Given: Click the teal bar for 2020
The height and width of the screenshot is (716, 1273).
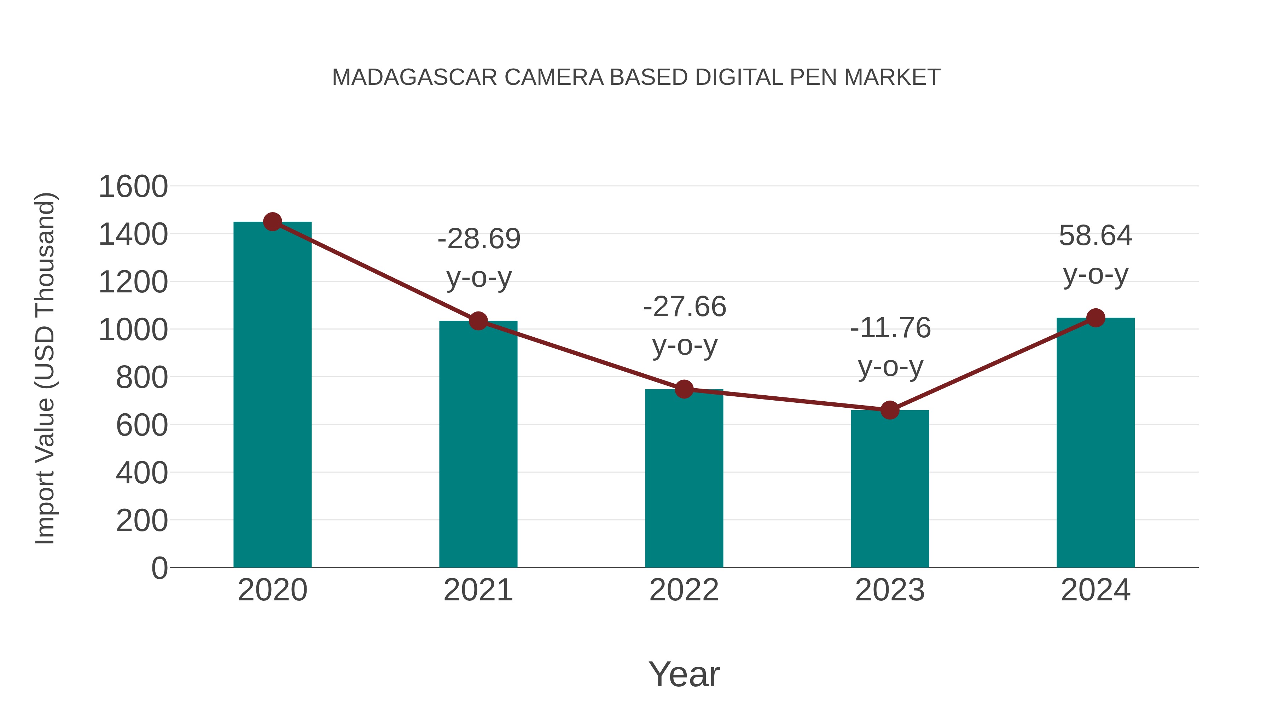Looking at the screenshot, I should tap(272, 395).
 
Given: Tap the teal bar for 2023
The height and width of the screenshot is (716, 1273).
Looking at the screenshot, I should tap(890, 489).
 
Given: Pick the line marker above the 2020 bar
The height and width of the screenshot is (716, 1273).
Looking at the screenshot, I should tap(272, 222).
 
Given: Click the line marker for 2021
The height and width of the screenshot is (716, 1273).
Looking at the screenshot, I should tap(478, 321).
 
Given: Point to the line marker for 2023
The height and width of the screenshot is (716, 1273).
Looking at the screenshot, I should tap(890, 410).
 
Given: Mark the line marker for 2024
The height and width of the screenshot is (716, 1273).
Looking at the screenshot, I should tap(1095, 318).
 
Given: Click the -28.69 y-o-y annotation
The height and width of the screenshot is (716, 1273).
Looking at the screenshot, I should tap(479, 258).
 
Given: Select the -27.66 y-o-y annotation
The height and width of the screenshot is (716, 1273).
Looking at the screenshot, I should tap(685, 326).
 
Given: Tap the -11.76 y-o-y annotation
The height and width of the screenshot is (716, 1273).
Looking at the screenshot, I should tap(890, 347).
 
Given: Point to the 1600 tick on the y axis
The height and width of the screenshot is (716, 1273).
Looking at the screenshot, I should tap(133, 187).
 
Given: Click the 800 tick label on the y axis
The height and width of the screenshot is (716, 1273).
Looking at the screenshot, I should tap(142, 378).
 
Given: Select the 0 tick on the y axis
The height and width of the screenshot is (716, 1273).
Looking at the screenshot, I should tap(159, 568).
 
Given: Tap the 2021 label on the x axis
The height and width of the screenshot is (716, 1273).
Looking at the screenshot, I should tap(478, 590).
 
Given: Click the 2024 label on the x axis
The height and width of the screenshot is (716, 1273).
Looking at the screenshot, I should tap(1095, 590).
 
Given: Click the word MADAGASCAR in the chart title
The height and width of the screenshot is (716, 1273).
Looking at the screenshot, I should tap(414, 77).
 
